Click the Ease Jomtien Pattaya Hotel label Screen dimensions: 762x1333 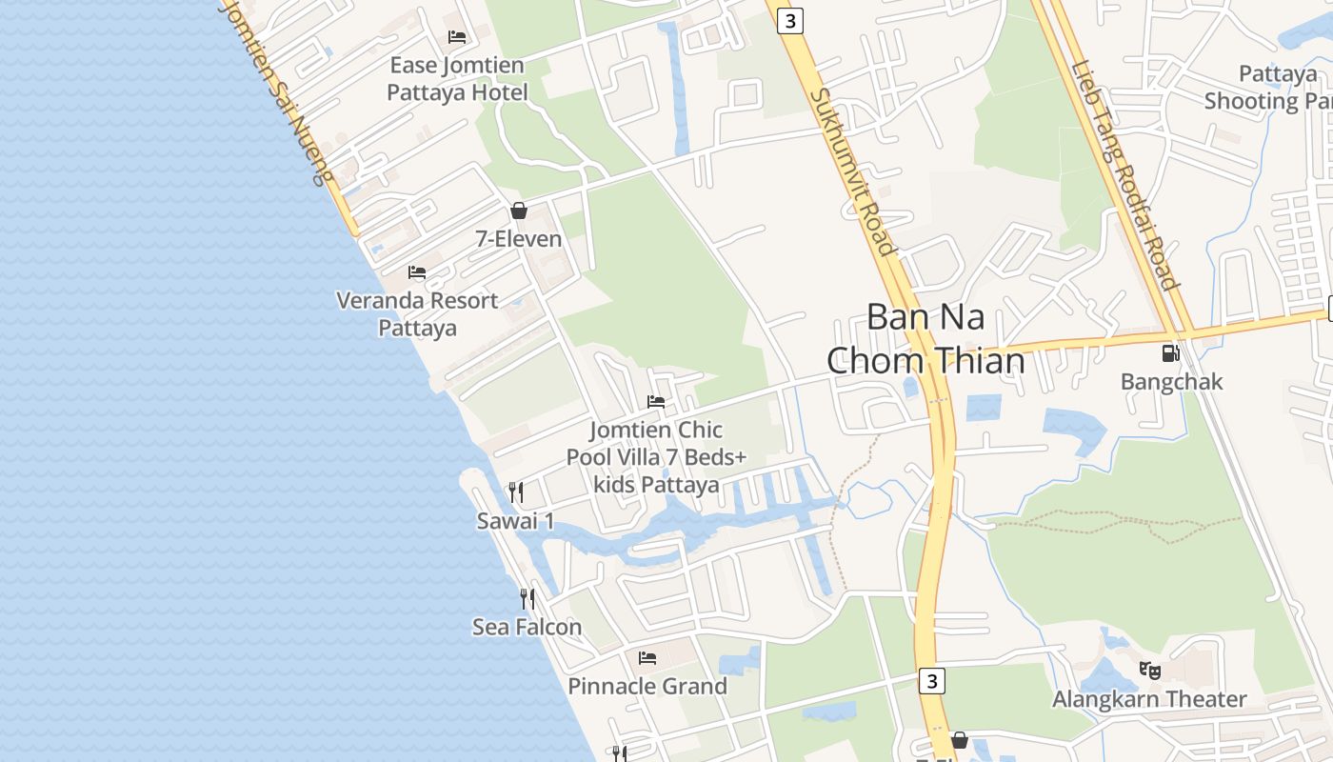click(457, 79)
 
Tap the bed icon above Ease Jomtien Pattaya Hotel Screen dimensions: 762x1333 click(457, 37)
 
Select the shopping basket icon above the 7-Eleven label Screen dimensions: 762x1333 click(519, 211)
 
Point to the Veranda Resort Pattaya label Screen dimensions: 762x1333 click(417, 314)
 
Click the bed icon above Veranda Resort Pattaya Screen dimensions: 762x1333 click(417, 272)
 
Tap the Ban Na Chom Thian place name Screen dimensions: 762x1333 click(925, 339)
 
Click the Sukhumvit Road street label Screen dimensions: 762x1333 click(852, 172)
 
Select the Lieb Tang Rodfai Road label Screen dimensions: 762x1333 click(1125, 175)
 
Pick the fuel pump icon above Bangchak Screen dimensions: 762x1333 click(1170, 353)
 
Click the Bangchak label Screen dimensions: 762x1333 click(1171, 382)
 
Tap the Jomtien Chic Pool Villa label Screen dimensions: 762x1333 click(656, 457)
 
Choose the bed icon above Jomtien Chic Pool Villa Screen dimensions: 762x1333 click(656, 402)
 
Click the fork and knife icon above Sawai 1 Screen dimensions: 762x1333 click(516, 492)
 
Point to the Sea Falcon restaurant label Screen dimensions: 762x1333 click(527, 627)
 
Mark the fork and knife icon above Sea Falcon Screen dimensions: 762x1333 click(527, 598)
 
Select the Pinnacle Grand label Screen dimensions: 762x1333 click(647, 686)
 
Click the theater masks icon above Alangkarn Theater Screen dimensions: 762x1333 click(1150, 671)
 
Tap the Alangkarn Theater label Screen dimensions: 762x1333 click(1149, 699)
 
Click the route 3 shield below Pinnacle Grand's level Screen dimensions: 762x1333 click(932, 681)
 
